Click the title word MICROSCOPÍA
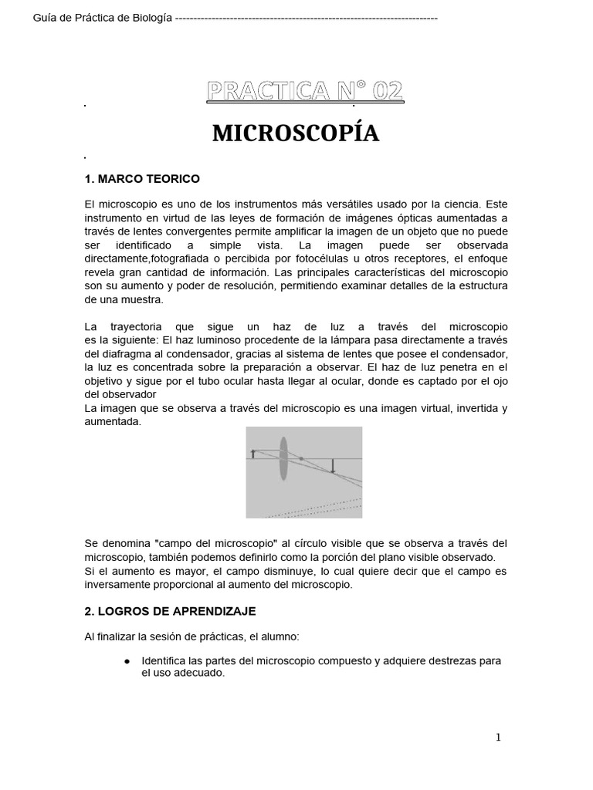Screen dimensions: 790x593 [x=296, y=133]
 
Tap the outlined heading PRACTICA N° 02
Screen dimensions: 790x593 [x=304, y=92]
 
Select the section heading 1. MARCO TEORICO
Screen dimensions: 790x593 [x=141, y=179]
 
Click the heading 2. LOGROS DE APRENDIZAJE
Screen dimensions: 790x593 [x=169, y=611]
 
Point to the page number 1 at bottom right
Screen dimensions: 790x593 [x=498, y=738]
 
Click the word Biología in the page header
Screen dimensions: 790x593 [x=151, y=18]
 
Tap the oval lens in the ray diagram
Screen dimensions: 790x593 [x=283, y=459]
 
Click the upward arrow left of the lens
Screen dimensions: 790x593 [x=253, y=454]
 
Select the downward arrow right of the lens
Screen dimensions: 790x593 [x=333, y=465]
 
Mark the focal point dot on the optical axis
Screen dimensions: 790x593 [x=301, y=459]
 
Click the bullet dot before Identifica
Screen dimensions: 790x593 [x=127, y=661]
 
